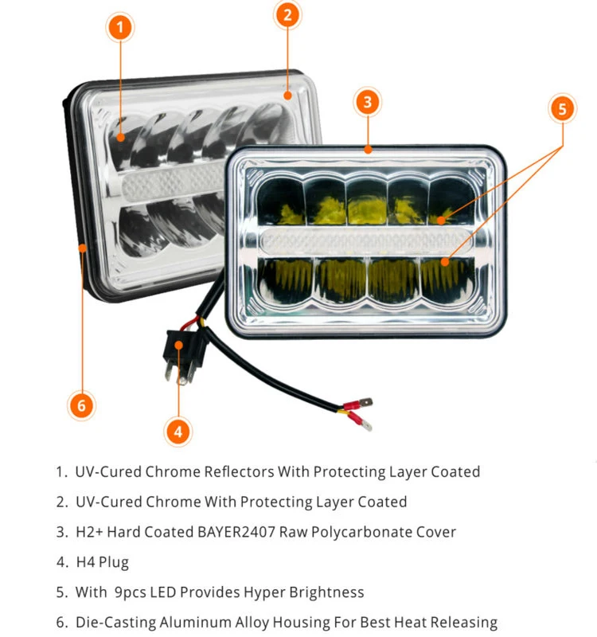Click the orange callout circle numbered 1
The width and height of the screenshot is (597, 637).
pyautogui.click(x=119, y=28)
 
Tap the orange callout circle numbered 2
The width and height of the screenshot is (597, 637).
pyautogui.click(x=287, y=14)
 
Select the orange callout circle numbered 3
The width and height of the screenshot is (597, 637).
pyautogui.click(x=366, y=102)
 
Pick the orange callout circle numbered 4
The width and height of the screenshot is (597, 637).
pyautogui.click(x=178, y=432)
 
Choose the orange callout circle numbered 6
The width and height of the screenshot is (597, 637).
pyautogui.click(x=81, y=405)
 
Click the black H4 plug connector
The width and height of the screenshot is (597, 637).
pyautogui.click(x=181, y=351)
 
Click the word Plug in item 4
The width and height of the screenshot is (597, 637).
pyautogui.click(x=113, y=562)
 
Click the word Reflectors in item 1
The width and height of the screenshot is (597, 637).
pyautogui.click(x=235, y=471)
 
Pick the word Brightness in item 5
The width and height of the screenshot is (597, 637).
pyautogui.click(x=323, y=592)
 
